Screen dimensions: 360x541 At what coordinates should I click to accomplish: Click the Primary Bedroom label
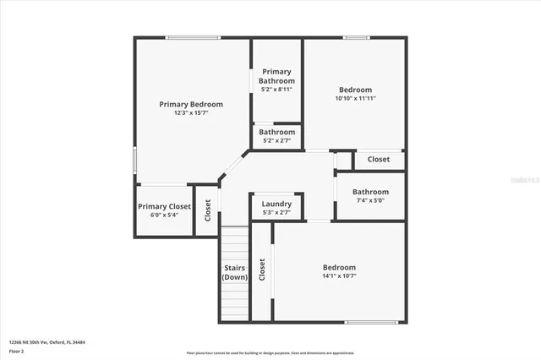click(x=191, y=104)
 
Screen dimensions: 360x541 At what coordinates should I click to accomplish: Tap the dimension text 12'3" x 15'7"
click(x=191, y=112)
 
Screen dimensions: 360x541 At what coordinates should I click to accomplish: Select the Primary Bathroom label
click(x=276, y=75)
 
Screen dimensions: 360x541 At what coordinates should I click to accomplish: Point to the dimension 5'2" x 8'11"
click(x=276, y=89)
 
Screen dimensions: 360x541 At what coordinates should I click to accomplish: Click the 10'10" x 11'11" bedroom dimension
click(x=355, y=98)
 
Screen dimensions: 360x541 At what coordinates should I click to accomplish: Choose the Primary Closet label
click(x=164, y=206)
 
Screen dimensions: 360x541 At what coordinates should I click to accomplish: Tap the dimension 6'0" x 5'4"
click(x=164, y=215)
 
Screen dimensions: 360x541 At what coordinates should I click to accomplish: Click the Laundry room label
click(x=276, y=205)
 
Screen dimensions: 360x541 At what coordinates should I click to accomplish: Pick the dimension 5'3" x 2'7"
click(x=276, y=213)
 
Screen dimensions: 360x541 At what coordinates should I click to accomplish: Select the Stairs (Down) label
click(x=235, y=272)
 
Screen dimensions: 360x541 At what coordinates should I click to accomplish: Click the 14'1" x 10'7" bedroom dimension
click(x=339, y=275)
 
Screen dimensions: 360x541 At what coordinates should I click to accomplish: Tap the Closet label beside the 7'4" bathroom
click(x=378, y=159)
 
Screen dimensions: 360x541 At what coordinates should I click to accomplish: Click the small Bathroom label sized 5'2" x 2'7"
click(x=276, y=132)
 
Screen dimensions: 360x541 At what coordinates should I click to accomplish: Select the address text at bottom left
click(x=47, y=342)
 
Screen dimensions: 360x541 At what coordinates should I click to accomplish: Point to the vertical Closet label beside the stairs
click(x=262, y=270)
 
